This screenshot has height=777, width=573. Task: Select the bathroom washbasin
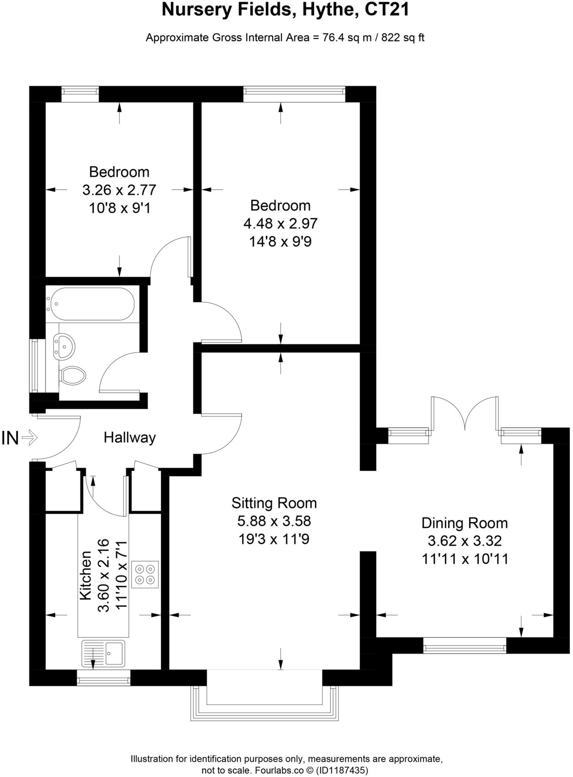pyautogui.click(x=64, y=346)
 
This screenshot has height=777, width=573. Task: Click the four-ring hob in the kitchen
pyautogui.click(x=145, y=574)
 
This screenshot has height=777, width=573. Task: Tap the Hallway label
pyautogui.click(x=130, y=438)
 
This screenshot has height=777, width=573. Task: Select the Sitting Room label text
pyautogui.click(x=274, y=503)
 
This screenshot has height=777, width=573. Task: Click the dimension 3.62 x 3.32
pyautogui.click(x=465, y=541)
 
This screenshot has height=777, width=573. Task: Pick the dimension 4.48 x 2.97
pyautogui.click(x=280, y=223)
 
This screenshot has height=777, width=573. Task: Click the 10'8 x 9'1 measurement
pyautogui.click(x=119, y=208)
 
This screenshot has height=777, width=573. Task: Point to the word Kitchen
pyautogui.click(x=85, y=575)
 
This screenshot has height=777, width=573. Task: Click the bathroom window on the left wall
pyautogui.click(x=35, y=366)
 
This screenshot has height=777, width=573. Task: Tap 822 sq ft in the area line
pyautogui.click(x=403, y=38)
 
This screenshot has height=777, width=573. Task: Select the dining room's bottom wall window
pyautogui.click(x=465, y=645)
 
